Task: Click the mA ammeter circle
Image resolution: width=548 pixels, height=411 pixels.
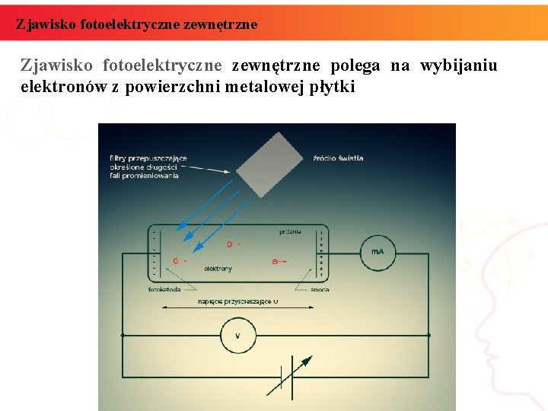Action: coord(378,252)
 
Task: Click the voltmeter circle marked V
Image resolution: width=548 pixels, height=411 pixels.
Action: coord(237,335)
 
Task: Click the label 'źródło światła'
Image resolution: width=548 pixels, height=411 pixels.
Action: coord(338,158)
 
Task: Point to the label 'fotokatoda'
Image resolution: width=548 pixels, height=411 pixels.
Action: coord(164,290)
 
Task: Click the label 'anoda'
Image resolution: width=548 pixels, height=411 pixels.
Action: coord(320,290)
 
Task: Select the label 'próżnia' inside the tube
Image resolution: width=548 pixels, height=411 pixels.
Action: coord(289,231)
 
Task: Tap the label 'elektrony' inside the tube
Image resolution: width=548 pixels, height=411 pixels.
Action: coord(218,269)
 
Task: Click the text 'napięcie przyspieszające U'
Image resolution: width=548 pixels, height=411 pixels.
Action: coord(238,301)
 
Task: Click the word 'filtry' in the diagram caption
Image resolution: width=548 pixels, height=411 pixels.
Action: coord(119,158)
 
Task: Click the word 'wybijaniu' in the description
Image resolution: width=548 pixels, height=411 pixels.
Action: coord(458,65)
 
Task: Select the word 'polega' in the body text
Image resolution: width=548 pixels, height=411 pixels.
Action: coord(355,65)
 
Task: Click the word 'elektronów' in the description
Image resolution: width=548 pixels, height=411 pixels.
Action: coord(64,87)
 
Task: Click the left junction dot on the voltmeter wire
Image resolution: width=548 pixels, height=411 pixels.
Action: coord(123,335)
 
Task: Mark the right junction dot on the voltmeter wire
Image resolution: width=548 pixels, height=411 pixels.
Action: coord(429,335)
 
